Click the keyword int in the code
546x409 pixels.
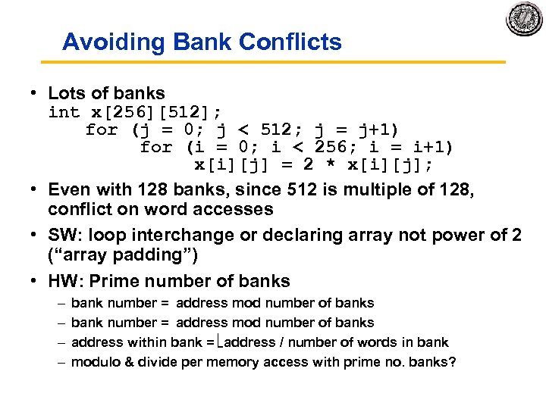64,112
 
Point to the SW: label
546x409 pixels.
64,235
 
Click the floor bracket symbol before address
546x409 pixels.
221,342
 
